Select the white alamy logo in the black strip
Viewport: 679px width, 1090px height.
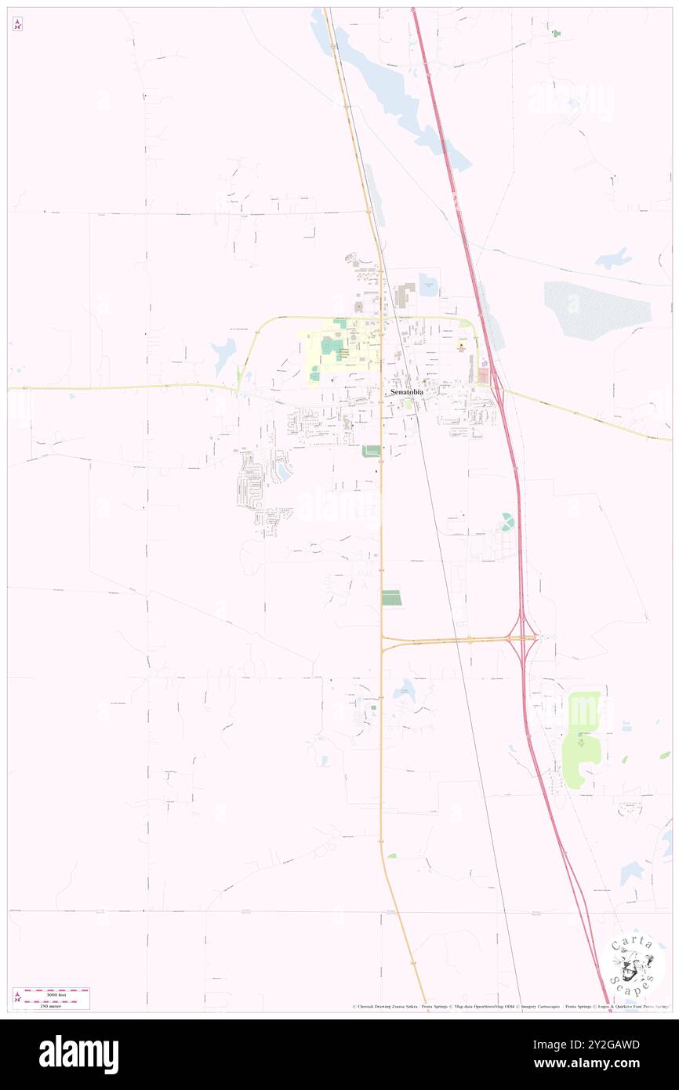[x=78, y=1055]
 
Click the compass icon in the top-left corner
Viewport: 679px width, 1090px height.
[x=17, y=24]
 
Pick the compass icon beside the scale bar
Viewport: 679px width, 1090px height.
[x=17, y=997]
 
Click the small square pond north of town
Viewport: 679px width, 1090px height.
[x=429, y=284]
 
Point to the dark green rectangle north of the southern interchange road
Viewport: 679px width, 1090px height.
[x=390, y=598]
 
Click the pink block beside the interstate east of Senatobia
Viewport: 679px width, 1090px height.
[x=482, y=377]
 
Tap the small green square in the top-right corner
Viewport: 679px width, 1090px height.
[x=556, y=33]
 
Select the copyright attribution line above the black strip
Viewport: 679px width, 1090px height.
[x=510, y=1007]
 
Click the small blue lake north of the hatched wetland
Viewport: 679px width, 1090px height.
[x=613, y=258]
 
